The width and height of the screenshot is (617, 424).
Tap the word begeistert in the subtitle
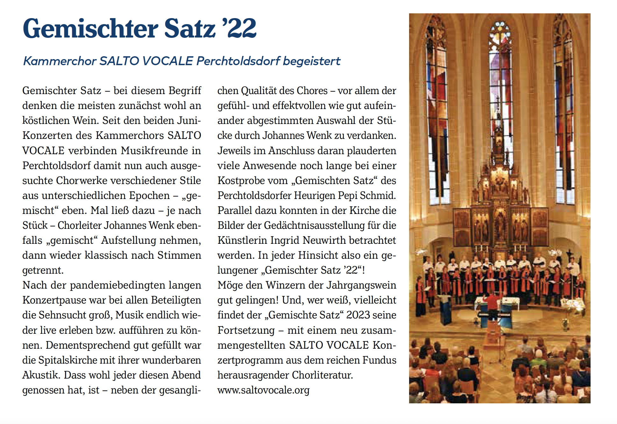[x=312, y=61]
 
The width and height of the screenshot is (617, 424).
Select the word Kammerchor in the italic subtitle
[x=60, y=61]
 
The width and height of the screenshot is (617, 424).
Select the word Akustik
[x=41, y=375]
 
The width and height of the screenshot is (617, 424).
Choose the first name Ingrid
[x=285, y=240]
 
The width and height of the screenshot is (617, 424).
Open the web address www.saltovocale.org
[x=263, y=390]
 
